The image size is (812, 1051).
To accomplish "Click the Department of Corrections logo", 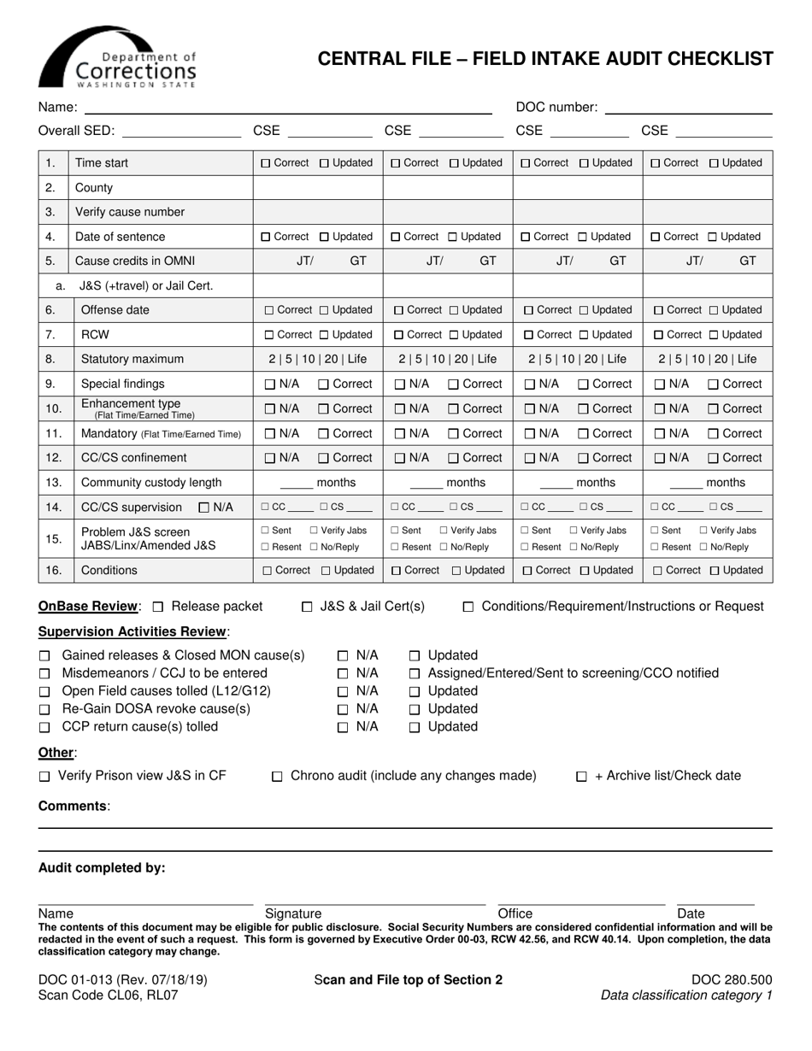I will tap(118, 58).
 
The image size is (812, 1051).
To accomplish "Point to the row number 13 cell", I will tap(51, 483).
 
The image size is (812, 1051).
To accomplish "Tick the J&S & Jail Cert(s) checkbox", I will tap(307, 607).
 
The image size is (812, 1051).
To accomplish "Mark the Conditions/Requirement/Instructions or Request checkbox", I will tap(468, 607).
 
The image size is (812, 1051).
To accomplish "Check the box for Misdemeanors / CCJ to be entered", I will tap(44, 673).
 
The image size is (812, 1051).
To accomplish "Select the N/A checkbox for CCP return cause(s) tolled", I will tap(343, 727).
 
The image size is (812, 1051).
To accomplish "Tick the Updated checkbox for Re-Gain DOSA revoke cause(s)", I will tap(415, 709).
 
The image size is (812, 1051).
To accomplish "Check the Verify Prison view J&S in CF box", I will tap(44, 777).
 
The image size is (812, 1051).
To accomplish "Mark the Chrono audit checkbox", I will tap(277, 777).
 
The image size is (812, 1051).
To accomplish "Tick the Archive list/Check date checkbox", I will tap(581, 777).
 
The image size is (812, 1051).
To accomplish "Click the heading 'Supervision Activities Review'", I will tap(133, 631).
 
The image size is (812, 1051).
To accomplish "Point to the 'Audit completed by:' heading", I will tap(102, 868).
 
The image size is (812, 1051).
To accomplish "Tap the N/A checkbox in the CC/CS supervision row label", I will tap(203, 508).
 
